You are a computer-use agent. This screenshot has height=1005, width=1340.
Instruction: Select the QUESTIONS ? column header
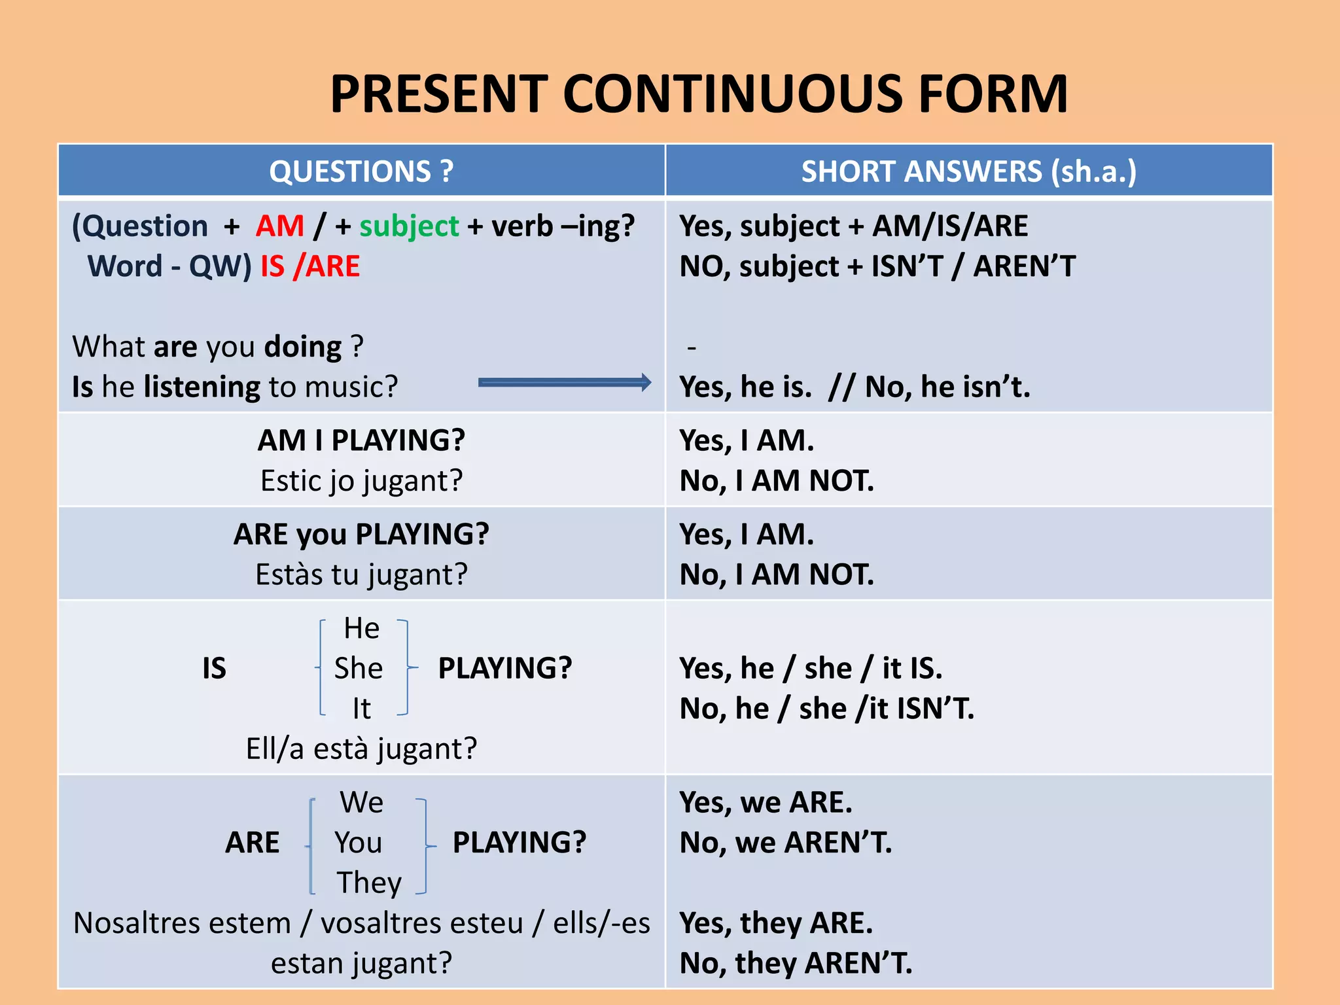tap(361, 171)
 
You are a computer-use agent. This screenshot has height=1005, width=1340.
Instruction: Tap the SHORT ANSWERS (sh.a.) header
tap(968, 171)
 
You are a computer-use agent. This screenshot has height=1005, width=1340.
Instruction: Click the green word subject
tap(409, 226)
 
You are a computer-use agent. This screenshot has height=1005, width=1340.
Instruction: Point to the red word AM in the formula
tap(280, 226)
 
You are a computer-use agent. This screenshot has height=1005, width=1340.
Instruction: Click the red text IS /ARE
tap(310, 266)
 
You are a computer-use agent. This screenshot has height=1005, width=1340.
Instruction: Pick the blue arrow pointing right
tap(564, 383)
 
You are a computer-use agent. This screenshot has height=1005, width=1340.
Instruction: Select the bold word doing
tap(302, 347)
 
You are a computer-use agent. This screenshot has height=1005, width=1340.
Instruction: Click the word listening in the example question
tap(202, 387)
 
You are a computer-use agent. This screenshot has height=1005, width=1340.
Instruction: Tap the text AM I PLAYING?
tap(361, 440)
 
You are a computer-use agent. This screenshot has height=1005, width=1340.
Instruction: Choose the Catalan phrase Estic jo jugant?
tap(361, 481)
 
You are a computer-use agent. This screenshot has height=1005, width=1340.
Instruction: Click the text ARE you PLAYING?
tap(361, 535)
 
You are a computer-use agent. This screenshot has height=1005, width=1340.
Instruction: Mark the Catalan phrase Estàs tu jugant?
tap(361, 574)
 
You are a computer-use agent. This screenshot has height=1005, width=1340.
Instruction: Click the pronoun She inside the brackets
tap(358, 669)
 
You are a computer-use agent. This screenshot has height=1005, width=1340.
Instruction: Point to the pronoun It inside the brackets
tap(361, 709)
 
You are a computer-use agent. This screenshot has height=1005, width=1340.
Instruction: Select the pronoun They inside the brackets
tap(369, 883)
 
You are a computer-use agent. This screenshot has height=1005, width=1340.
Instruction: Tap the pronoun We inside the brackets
tap(361, 802)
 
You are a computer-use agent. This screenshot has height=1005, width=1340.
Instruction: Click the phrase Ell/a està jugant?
tap(361, 749)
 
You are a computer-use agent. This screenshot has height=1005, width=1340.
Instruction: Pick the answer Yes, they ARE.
tap(776, 923)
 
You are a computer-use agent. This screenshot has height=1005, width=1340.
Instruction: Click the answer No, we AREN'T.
tap(786, 843)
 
